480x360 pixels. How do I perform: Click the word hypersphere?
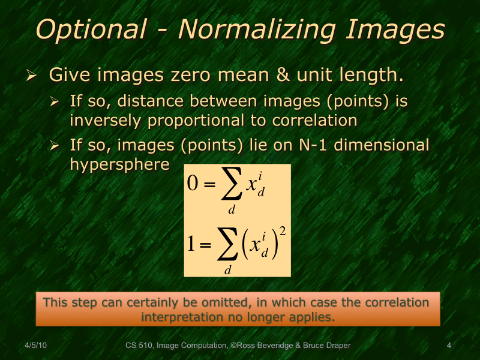[119, 164]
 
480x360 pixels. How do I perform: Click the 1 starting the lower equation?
[191, 243]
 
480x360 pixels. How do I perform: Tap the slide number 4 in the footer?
[449, 346]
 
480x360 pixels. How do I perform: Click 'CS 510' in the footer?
[139, 346]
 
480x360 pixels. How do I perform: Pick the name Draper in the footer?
[337, 346]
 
